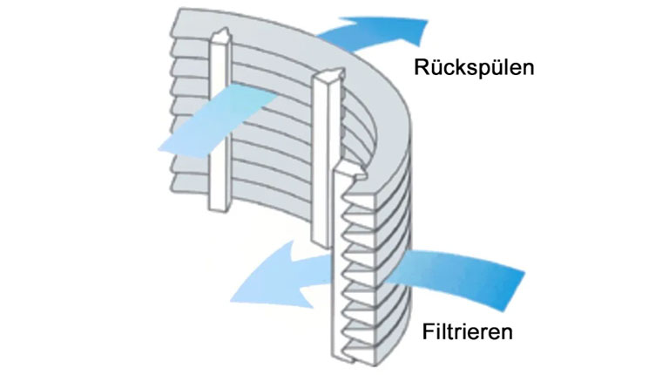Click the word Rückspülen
[x=474, y=67]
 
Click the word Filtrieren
[x=467, y=331]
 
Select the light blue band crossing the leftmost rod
[x=219, y=120]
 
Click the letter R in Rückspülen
[x=422, y=67]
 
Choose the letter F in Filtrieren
[x=428, y=331]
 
